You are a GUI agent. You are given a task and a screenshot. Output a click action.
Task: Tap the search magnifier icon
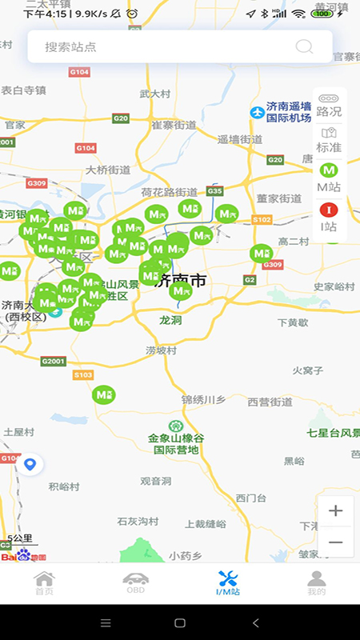(x=304, y=46)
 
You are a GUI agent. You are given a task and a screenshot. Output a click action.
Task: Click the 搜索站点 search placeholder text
(x=70, y=46)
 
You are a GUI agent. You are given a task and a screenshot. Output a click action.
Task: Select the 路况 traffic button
(x=329, y=105)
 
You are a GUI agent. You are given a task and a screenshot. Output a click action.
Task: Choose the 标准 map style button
(x=329, y=140)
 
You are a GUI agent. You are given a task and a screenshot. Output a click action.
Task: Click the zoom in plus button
(x=336, y=511)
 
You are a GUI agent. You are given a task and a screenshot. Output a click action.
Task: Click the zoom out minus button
(x=336, y=542)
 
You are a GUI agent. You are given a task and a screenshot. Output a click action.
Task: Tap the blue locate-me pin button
(x=30, y=464)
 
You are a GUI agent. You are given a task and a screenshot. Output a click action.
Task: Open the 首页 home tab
(x=44, y=583)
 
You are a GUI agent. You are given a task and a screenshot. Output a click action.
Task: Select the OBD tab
(x=135, y=583)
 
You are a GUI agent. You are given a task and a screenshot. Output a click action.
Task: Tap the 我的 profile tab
(x=317, y=583)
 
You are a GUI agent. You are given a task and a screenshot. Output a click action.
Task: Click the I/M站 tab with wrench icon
(x=227, y=583)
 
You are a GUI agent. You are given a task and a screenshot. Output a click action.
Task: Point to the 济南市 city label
(x=182, y=282)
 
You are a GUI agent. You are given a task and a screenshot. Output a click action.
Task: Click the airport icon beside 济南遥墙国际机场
(x=257, y=112)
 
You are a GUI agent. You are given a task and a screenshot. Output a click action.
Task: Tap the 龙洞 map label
(x=170, y=319)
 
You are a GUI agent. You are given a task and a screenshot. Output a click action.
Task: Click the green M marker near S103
(x=103, y=394)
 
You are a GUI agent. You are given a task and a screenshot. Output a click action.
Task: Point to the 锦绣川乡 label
(x=205, y=398)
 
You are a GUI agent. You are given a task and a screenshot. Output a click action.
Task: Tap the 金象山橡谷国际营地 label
(x=176, y=443)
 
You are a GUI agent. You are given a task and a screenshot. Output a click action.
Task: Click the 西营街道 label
(x=270, y=402)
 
